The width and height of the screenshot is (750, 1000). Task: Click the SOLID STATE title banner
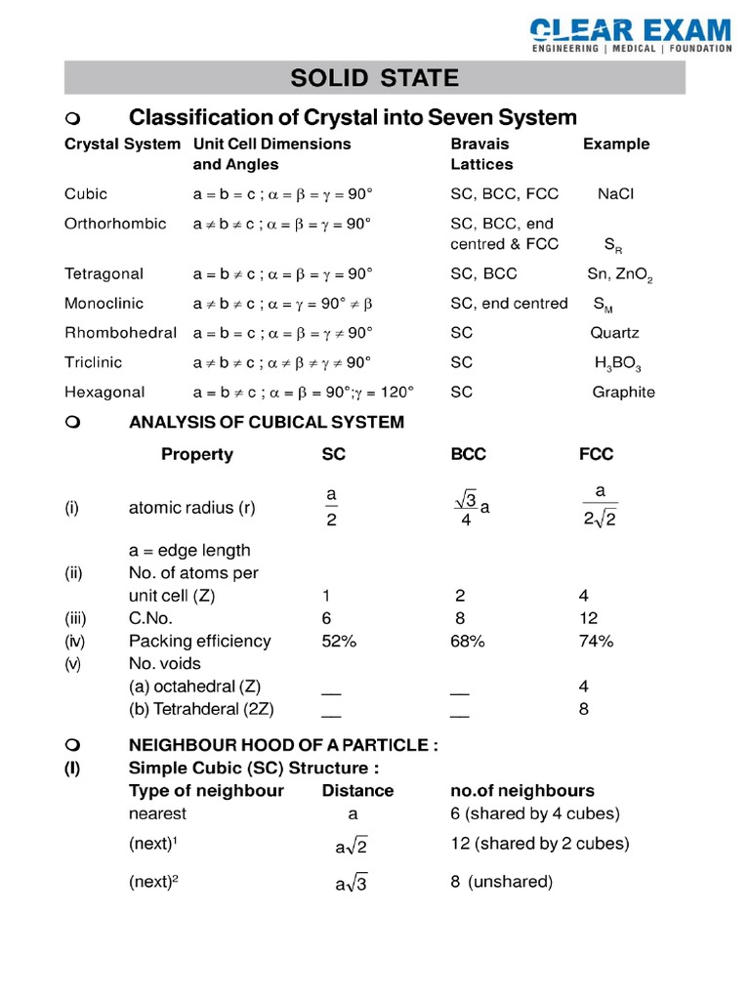[x=375, y=77]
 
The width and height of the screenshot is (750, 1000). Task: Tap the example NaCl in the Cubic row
[x=615, y=194]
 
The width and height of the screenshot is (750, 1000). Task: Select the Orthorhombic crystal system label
[x=115, y=224]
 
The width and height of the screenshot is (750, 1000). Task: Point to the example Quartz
[x=614, y=333]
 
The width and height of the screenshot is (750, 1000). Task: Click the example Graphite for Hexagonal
[x=623, y=393]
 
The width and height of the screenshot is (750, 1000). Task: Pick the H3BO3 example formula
[x=617, y=363]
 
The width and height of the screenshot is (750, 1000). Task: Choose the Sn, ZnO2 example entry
[x=619, y=274]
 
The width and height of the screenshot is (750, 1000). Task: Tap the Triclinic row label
[x=94, y=362]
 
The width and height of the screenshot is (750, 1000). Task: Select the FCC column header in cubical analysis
[x=596, y=454]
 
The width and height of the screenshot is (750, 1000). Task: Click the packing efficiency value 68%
[x=467, y=642]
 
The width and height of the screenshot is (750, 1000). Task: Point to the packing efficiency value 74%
[x=596, y=642]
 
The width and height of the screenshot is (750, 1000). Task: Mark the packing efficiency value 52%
[x=338, y=642]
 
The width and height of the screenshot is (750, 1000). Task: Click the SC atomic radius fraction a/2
[x=331, y=508]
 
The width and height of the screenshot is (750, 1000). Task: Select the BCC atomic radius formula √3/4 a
[x=471, y=509]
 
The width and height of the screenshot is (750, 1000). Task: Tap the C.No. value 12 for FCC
[x=588, y=618]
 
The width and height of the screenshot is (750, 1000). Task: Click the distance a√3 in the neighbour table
[x=351, y=884]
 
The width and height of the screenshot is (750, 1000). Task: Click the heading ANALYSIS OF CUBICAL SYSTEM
[x=266, y=423]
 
